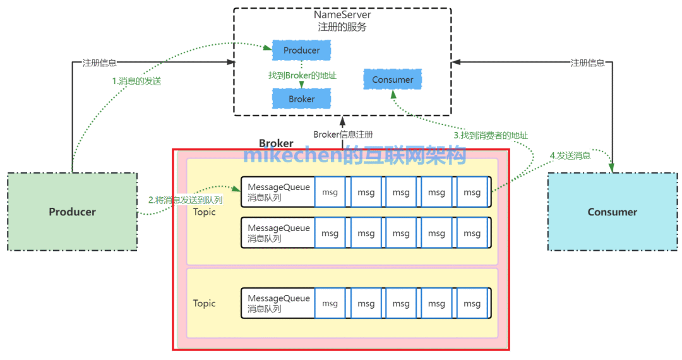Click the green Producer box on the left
pyautogui.click(x=72, y=212)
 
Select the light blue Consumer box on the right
pyautogui.click(x=612, y=212)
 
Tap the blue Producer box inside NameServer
pyautogui.click(x=301, y=51)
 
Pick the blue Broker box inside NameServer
pyautogui.click(x=301, y=99)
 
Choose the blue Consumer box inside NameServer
pyautogui.click(x=392, y=80)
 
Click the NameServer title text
pyautogui.click(x=342, y=15)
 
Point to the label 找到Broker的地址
pyautogui.click(x=302, y=75)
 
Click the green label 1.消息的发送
pyautogui.click(x=136, y=81)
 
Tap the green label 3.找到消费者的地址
pyautogui.click(x=491, y=135)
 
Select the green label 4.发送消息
pyautogui.click(x=570, y=155)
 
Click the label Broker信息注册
pyautogui.click(x=343, y=134)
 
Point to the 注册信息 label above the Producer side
pyautogui.click(x=100, y=63)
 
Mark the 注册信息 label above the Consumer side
pyautogui.click(x=587, y=63)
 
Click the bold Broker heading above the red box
pyautogui.click(x=276, y=144)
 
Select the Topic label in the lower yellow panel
pyautogui.click(x=205, y=303)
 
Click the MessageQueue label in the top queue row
pyautogui.click(x=278, y=188)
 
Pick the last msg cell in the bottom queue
pyautogui.click(x=472, y=304)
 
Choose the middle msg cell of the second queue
pyautogui.click(x=401, y=233)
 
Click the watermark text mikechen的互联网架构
pyautogui.click(x=355, y=155)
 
